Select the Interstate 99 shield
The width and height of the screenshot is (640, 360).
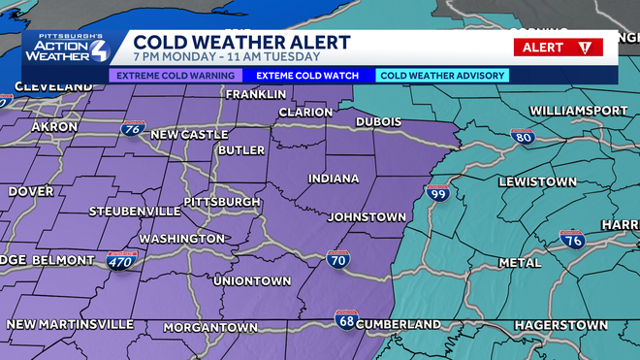[437, 194]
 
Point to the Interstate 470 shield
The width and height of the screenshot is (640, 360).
[122, 260]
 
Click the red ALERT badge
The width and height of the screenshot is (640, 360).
[558, 48]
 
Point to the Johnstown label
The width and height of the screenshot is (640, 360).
[366, 216]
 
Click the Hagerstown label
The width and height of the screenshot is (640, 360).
[560, 324]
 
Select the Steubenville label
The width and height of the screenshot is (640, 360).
[134, 211]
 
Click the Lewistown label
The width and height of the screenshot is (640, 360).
[537, 182]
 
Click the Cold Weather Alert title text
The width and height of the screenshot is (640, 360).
[240, 43]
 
